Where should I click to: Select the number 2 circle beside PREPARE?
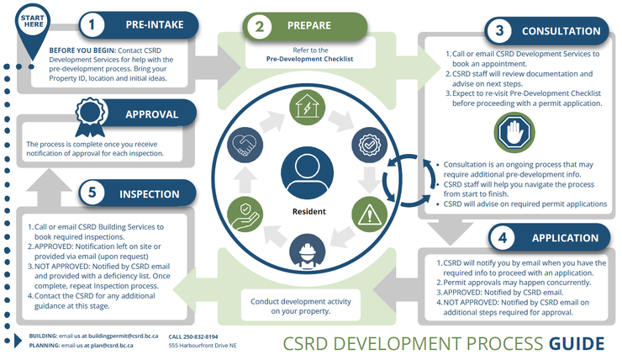(261, 26)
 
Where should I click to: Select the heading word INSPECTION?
(149, 193)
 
